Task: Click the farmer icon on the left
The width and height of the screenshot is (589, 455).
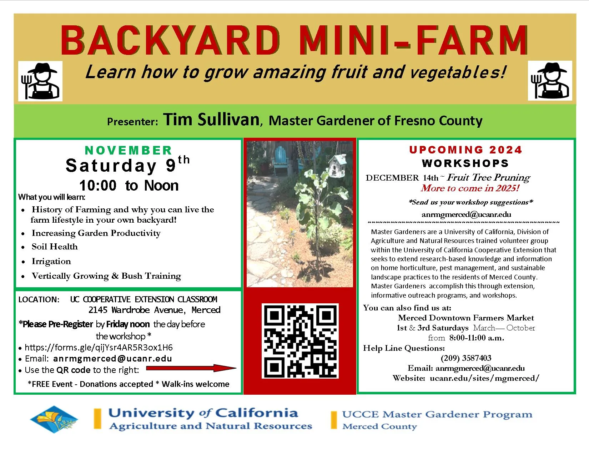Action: pyautogui.click(x=40, y=81)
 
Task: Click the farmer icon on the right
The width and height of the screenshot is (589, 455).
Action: pyautogui.click(x=549, y=81)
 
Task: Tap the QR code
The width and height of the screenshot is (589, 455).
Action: pyautogui.click(x=300, y=341)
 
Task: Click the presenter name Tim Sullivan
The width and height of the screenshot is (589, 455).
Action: pyautogui.click(x=211, y=120)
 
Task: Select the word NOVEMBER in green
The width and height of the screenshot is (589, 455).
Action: pyautogui.click(x=129, y=150)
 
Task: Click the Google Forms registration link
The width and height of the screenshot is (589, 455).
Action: pyautogui.click(x=99, y=347)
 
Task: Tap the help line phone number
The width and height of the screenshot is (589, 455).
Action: pyautogui.click(x=466, y=358)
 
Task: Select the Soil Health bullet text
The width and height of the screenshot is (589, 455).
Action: pyautogui.click(x=55, y=247)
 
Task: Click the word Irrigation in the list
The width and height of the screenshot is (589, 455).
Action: pyautogui.click(x=51, y=261)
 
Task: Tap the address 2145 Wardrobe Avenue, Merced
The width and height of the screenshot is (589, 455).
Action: pyautogui.click(x=154, y=310)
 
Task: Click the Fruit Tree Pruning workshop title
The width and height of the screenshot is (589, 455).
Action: pyautogui.click(x=488, y=177)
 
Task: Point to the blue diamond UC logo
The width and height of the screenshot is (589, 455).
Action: pyautogui.click(x=54, y=419)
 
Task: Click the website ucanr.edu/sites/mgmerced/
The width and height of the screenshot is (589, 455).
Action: pyautogui.click(x=484, y=378)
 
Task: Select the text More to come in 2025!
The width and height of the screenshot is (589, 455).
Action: pyautogui.click(x=470, y=188)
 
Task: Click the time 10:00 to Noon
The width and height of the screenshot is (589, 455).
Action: pyautogui.click(x=129, y=186)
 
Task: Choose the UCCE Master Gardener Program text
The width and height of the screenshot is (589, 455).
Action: pyautogui.click(x=437, y=414)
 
